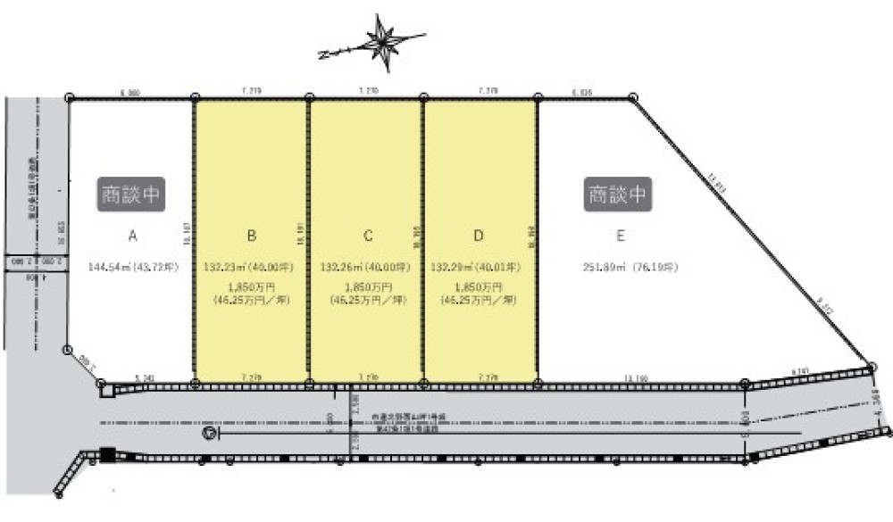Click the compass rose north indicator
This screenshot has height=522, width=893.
click(x=386, y=43)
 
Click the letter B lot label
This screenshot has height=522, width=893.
click(x=252, y=236)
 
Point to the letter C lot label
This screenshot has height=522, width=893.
click(x=367, y=236)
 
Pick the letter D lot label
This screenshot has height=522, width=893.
click(x=480, y=236)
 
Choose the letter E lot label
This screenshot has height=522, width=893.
click(x=618, y=236)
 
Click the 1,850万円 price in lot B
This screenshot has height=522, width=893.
click(x=251, y=286)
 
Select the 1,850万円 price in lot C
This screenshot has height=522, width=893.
click(x=366, y=286)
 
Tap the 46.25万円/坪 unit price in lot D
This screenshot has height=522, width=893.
click(x=480, y=301)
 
